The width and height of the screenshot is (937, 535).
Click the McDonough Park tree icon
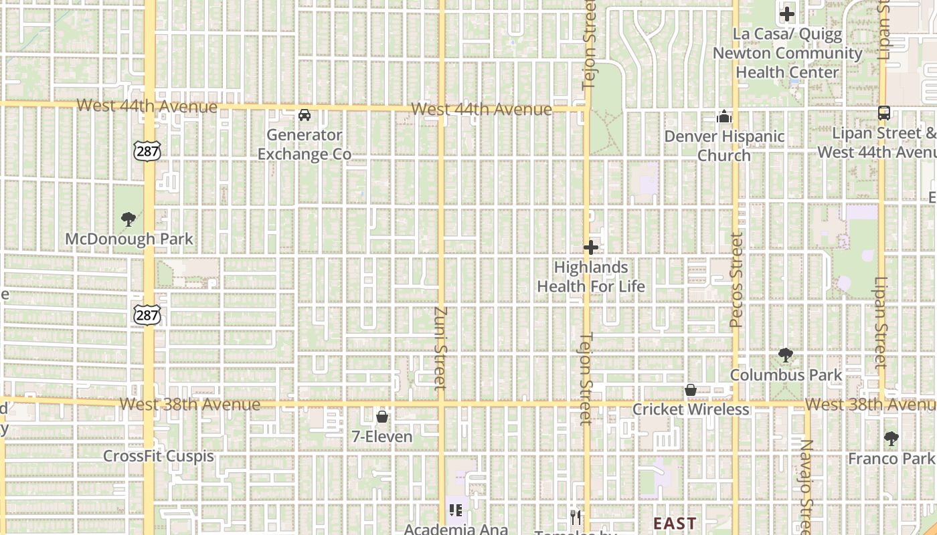click(x=128, y=219)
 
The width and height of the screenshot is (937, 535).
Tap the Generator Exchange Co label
click(x=305, y=144)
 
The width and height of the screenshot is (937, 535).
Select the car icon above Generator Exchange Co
click(x=305, y=115)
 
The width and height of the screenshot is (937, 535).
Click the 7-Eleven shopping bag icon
click(x=382, y=417)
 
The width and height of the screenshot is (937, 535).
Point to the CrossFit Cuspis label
click(x=159, y=456)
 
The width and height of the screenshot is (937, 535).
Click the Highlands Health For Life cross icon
click(x=590, y=248)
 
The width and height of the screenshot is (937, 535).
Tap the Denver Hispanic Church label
click(x=724, y=146)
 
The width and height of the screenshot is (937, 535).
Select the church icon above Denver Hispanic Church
click(x=724, y=117)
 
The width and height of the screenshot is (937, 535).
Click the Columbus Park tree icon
click(x=786, y=355)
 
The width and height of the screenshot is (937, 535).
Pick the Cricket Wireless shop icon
click(x=691, y=390)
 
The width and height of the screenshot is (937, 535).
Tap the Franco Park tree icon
click(x=891, y=439)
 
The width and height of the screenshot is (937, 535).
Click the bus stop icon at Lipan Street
click(x=883, y=113)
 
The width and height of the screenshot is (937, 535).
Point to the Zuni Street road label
click(x=440, y=348)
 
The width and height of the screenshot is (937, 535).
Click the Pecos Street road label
click(x=737, y=280)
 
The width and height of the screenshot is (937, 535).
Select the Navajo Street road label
click(x=806, y=485)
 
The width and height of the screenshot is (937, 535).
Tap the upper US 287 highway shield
click(x=147, y=151)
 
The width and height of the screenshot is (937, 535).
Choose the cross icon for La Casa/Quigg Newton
click(x=787, y=13)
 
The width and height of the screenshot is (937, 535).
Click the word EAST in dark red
click(x=675, y=523)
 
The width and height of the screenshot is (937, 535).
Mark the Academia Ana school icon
click(x=456, y=511)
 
